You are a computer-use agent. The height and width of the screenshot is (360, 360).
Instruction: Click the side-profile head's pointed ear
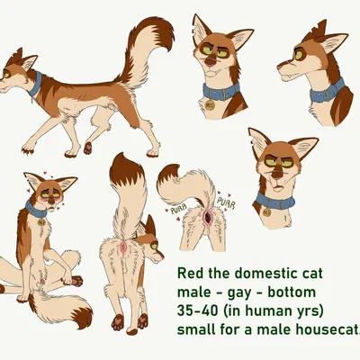(x=335, y=42)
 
